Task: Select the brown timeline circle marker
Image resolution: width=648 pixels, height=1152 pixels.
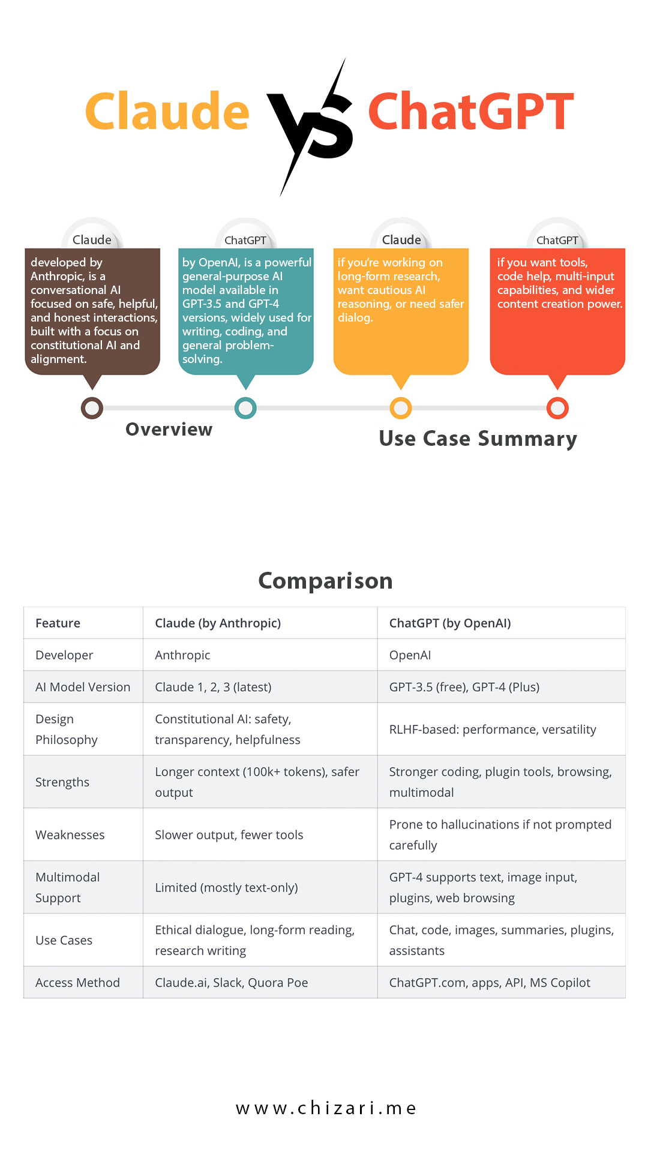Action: (92, 408)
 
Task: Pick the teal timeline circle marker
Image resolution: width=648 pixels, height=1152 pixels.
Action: (245, 408)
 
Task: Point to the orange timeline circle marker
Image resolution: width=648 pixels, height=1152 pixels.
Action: (401, 408)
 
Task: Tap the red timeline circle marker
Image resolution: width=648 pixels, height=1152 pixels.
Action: (557, 408)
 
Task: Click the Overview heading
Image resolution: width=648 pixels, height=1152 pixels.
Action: (169, 430)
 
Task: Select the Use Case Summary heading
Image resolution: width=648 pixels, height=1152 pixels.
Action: (478, 439)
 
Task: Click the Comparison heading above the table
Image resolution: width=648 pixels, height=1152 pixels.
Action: (325, 581)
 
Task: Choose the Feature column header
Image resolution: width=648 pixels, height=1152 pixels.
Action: (58, 623)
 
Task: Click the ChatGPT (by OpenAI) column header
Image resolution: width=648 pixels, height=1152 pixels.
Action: (450, 623)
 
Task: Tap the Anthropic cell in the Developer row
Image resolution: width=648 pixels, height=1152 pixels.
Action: (182, 655)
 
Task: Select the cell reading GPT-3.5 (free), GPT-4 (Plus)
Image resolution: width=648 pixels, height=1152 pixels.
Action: (464, 687)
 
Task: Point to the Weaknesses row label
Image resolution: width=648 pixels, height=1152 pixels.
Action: (70, 835)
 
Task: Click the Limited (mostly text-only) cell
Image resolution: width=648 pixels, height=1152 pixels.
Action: (226, 887)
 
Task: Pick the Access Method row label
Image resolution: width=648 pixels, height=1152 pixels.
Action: (77, 982)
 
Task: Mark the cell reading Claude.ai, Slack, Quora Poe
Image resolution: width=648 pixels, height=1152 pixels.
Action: (232, 982)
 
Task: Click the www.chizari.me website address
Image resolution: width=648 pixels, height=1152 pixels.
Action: (326, 1108)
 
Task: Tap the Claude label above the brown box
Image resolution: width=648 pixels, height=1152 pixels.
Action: (92, 240)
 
